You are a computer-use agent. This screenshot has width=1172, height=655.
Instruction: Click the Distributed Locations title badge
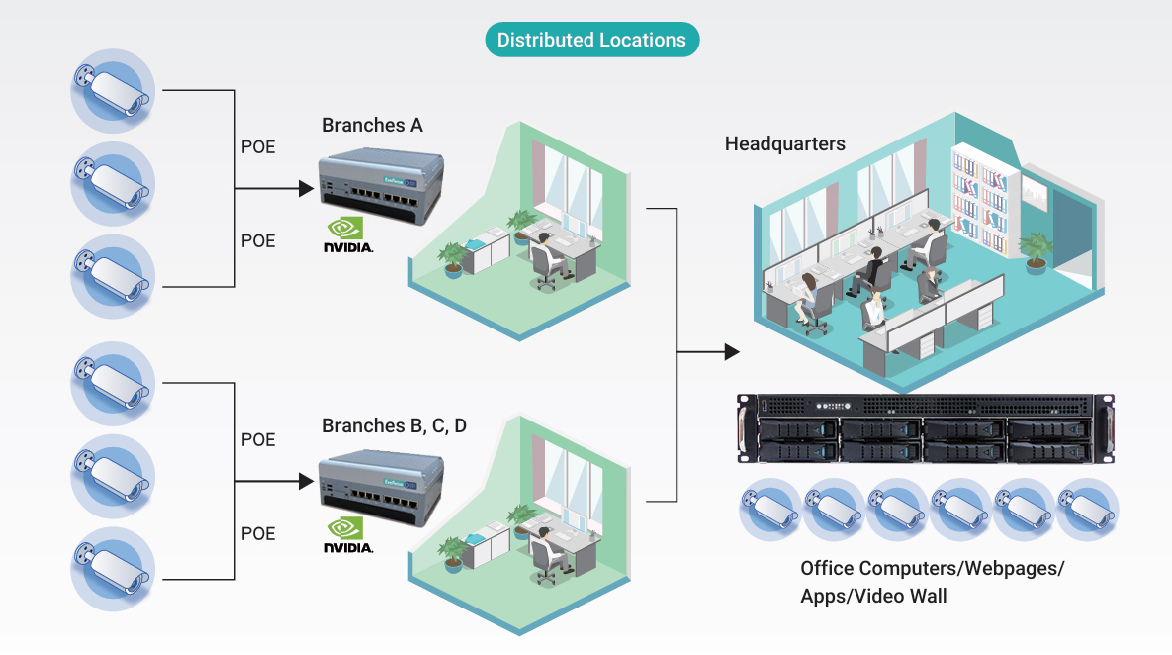(592, 40)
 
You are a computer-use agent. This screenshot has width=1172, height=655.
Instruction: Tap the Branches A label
(372, 125)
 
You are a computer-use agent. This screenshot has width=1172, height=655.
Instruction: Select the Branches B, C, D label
(394, 426)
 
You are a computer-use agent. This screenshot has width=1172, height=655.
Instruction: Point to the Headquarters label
(785, 143)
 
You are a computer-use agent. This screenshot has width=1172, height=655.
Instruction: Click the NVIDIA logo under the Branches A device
(348, 234)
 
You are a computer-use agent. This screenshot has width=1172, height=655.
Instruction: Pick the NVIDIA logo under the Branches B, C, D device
(348, 535)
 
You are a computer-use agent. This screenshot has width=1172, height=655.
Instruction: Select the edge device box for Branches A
(382, 186)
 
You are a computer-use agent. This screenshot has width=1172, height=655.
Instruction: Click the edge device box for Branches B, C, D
(382, 487)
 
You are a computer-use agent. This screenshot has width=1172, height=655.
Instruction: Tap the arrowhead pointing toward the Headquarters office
(733, 351)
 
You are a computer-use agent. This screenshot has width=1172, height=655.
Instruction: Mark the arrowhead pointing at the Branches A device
(306, 188)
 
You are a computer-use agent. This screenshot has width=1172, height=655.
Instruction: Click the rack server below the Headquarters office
(926, 428)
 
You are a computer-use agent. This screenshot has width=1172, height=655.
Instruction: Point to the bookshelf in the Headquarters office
(981, 202)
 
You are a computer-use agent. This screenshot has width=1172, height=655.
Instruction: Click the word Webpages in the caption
(1012, 569)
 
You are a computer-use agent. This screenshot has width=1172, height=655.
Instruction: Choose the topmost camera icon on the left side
(113, 91)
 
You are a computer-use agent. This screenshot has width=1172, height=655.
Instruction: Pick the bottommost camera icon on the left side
(113, 569)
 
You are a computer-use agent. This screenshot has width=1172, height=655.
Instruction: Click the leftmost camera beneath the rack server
(770, 510)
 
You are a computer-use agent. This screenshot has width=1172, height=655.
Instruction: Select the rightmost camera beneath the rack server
(1087, 510)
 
